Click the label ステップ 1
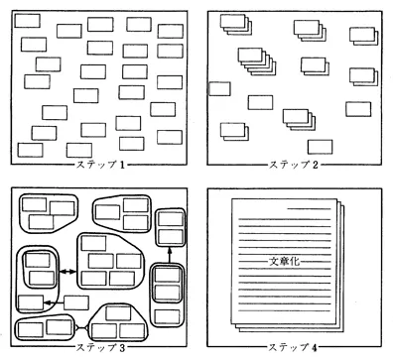pyautogui.click(x=101, y=165)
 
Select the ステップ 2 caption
pyautogui.click(x=294, y=165)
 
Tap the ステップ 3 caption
pyautogui.click(x=101, y=347)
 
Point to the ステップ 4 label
pyautogui.click(x=293, y=347)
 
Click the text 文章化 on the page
pyautogui.click(x=285, y=261)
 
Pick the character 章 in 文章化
pyautogui.click(x=285, y=261)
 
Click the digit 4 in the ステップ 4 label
pyautogui.click(x=315, y=347)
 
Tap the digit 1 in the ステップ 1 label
pyautogui.click(x=122, y=165)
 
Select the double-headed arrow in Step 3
pyautogui.click(x=67, y=272)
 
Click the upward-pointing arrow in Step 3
pyautogui.click(x=170, y=255)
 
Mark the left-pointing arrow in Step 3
pyautogui.click(x=54, y=302)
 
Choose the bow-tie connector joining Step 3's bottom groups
pyautogui.click(x=81, y=327)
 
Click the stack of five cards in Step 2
pyautogui.click(x=257, y=61)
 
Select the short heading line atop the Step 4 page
pyautogui.click(x=309, y=209)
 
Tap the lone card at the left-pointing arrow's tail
pyautogui.click(x=76, y=302)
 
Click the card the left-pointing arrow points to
pyautogui.click(x=31, y=302)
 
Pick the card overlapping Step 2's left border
pyautogui.click(x=219, y=89)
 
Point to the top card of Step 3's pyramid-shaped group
pyautogui.click(x=118, y=312)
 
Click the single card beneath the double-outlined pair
pyautogui.click(x=168, y=316)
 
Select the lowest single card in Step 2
pyautogui.click(x=320, y=147)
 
